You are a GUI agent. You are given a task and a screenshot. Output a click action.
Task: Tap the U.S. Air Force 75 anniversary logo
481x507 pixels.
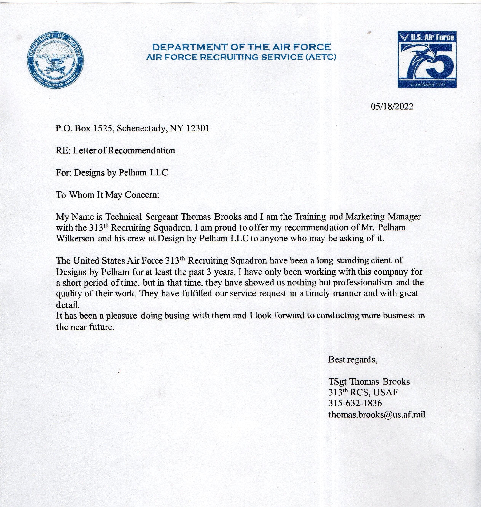coord(427,59)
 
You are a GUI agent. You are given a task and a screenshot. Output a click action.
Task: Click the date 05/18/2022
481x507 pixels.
coord(392,106)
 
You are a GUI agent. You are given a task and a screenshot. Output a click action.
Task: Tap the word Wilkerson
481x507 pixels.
coord(75,239)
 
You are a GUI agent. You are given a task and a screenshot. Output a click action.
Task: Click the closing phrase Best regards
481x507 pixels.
coord(352,360)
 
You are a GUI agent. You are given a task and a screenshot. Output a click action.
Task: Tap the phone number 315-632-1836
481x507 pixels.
coord(355,403)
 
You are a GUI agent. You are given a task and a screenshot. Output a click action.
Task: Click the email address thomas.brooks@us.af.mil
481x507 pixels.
coord(377,414)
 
